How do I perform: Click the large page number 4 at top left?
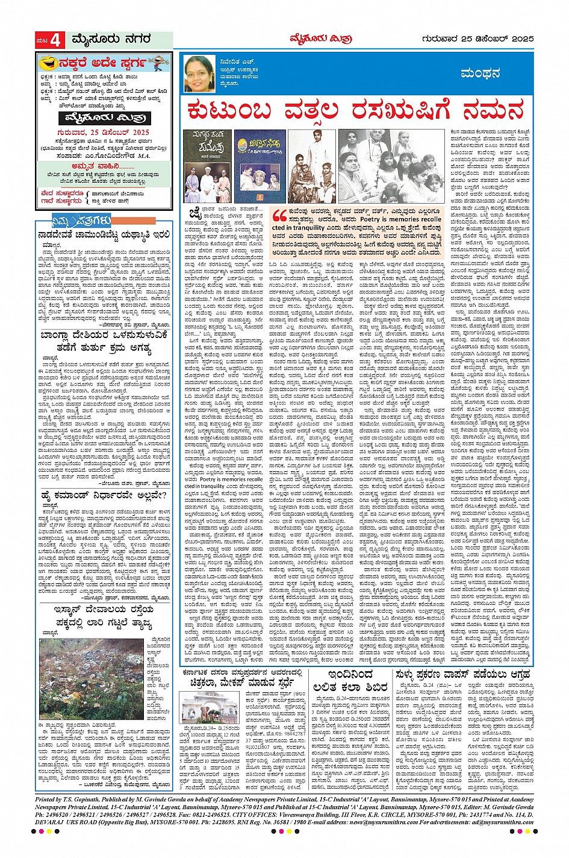55,40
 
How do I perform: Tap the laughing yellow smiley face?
48,63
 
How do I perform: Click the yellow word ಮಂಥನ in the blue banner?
480,74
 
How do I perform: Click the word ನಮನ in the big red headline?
493,111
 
